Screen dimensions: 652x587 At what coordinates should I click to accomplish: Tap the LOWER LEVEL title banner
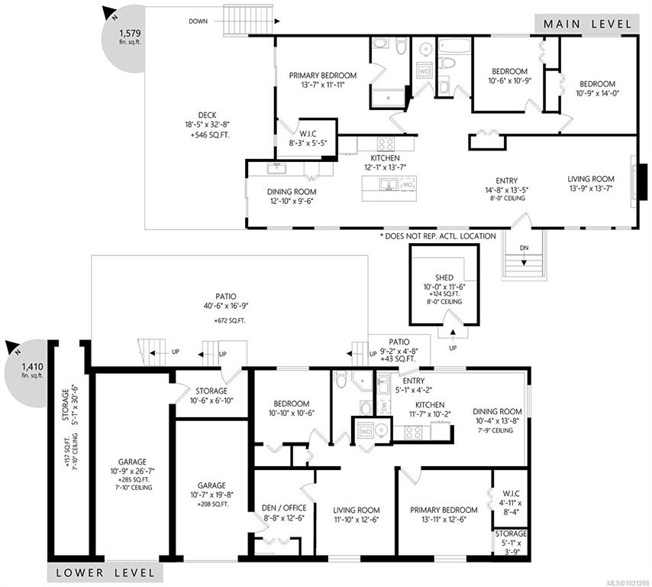pyautogui.click(x=105, y=572)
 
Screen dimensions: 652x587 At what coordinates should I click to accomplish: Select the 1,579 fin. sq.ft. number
pyautogui.click(x=130, y=33)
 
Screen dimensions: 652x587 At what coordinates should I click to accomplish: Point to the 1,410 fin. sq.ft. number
pyautogui.click(x=32, y=367)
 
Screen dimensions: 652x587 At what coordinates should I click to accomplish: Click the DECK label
pyautogui.click(x=207, y=115)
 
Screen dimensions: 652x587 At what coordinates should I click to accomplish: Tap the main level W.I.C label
pyautogui.click(x=308, y=134)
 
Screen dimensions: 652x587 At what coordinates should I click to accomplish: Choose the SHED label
pyautogui.click(x=444, y=277)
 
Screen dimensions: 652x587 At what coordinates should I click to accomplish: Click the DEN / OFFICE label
pyautogui.click(x=284, y=508)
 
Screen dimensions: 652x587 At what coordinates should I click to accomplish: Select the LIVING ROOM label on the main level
pyautogui.click(x=591, y=179)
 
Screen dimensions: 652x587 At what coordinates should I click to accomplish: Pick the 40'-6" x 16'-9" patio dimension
pyautogui.click(x=226, y=306)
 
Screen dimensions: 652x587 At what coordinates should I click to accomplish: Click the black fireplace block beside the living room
pyautogui.click(x=643, y=181)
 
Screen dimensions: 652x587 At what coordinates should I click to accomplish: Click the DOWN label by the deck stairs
pyautogui.click(x=198, y=21)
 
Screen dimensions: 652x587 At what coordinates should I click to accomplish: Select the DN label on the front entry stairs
pyautogui.click(x=525, y=248)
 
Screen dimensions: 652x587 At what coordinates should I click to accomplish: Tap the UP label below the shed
pyautogui.click(x=453, y=348)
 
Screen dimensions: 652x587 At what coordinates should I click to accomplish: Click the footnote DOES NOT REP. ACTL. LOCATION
pyautogui.click(x=438, y=236)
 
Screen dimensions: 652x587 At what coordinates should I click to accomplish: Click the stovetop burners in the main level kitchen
pyautogui.click(x=386, y=144)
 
